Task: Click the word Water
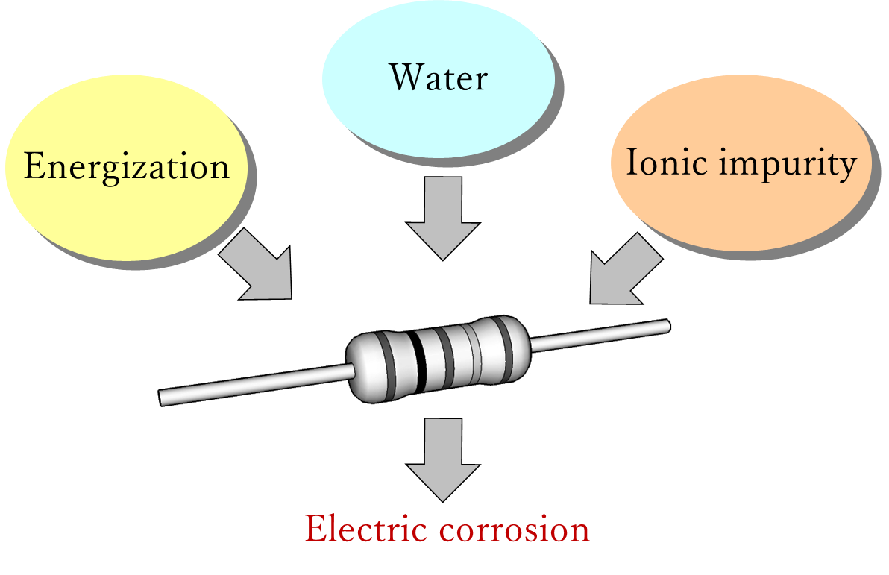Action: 439,78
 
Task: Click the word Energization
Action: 126,166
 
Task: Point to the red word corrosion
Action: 515,530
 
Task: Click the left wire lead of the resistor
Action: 254,382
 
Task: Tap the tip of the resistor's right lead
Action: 667,324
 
